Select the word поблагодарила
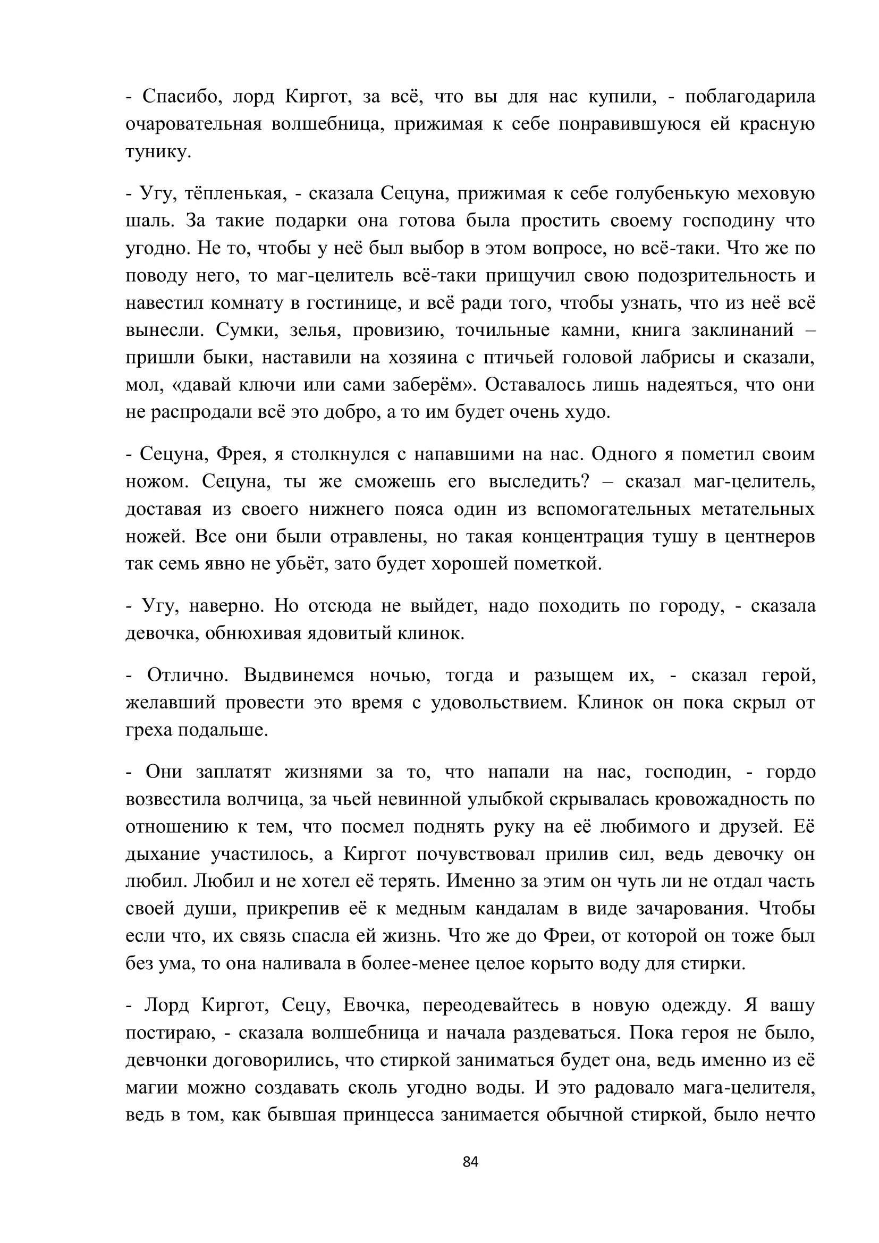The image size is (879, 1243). click(750, 97)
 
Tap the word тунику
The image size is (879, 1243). click(158, 151)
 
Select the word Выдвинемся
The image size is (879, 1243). click(299, 675)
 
